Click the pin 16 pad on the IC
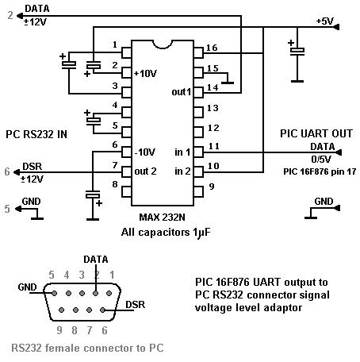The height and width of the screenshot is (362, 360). (x=198, y=52)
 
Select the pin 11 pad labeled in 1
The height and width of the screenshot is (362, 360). (x=198, y=152)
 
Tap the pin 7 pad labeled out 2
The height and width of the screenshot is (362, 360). (x=127, y=172)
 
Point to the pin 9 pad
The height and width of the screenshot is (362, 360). (x=198, y=191)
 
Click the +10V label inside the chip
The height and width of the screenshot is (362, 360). (x=145, y=73)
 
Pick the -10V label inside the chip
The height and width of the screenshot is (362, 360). (x=145, y=152)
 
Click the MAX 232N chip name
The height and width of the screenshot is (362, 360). (x=162, y=218)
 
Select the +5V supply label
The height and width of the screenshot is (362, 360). (x=325, y=21)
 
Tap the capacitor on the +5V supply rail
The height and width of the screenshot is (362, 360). (x=297, y=50)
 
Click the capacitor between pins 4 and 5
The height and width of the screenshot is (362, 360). (x=93, y=121)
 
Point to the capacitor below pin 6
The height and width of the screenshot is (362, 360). (x=93, y=196)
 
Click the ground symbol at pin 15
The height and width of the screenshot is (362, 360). (x=228, y=83)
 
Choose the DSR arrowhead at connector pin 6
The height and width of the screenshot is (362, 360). (x=17, y=172)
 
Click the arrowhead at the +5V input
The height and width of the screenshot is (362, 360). (x=336, y=27)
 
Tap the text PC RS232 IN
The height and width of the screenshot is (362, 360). (x=36, y=134)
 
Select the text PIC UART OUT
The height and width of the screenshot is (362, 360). (x=316, y=133)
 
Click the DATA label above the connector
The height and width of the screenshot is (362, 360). (x=96, y=260)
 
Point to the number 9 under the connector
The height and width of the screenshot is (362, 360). (x=59, y=330)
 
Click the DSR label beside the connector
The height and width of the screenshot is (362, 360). (x=136, y=305)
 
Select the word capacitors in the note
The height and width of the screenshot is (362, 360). (x=164, y=233)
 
